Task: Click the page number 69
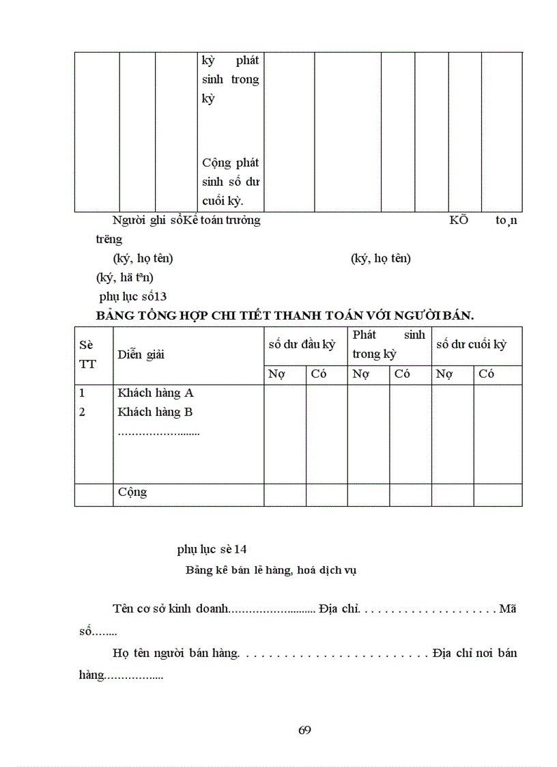point(305,730)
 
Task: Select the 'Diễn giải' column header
point(141,354)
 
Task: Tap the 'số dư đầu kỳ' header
point(302,345)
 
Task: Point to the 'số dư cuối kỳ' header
point(471,345)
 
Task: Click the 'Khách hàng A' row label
point(156,393)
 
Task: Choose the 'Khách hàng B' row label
point(155,412)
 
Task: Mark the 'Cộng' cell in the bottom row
point(132,492)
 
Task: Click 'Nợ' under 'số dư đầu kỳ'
point(276,374)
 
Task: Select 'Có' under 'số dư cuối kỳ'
point(487,374)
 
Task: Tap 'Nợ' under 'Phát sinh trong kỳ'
point(360,374)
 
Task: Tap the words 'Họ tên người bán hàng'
point(175,653)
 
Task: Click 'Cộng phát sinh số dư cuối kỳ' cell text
point(230,182)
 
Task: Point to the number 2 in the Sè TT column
point(82,412)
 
